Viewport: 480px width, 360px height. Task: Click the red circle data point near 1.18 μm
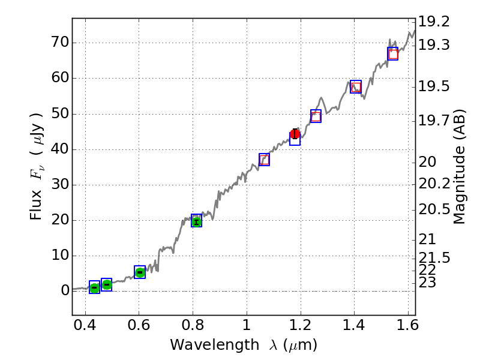click(295, 134)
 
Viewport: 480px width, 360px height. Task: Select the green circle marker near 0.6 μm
click(140, 272)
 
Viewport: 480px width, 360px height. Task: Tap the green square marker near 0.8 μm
click(196, 221)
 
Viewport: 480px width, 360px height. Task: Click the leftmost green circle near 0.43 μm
click(94, 288)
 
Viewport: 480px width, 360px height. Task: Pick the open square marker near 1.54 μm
click(393, 54)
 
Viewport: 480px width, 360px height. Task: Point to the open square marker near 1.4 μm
click(356, 87)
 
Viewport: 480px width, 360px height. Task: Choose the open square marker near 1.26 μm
click(316, 116)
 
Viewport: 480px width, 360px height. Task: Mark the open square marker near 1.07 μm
click(264, 160)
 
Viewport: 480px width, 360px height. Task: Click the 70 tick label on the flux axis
click(59, 43)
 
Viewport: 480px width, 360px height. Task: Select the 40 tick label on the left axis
click(59, 149)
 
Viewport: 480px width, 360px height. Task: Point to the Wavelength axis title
click(244, 345)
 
